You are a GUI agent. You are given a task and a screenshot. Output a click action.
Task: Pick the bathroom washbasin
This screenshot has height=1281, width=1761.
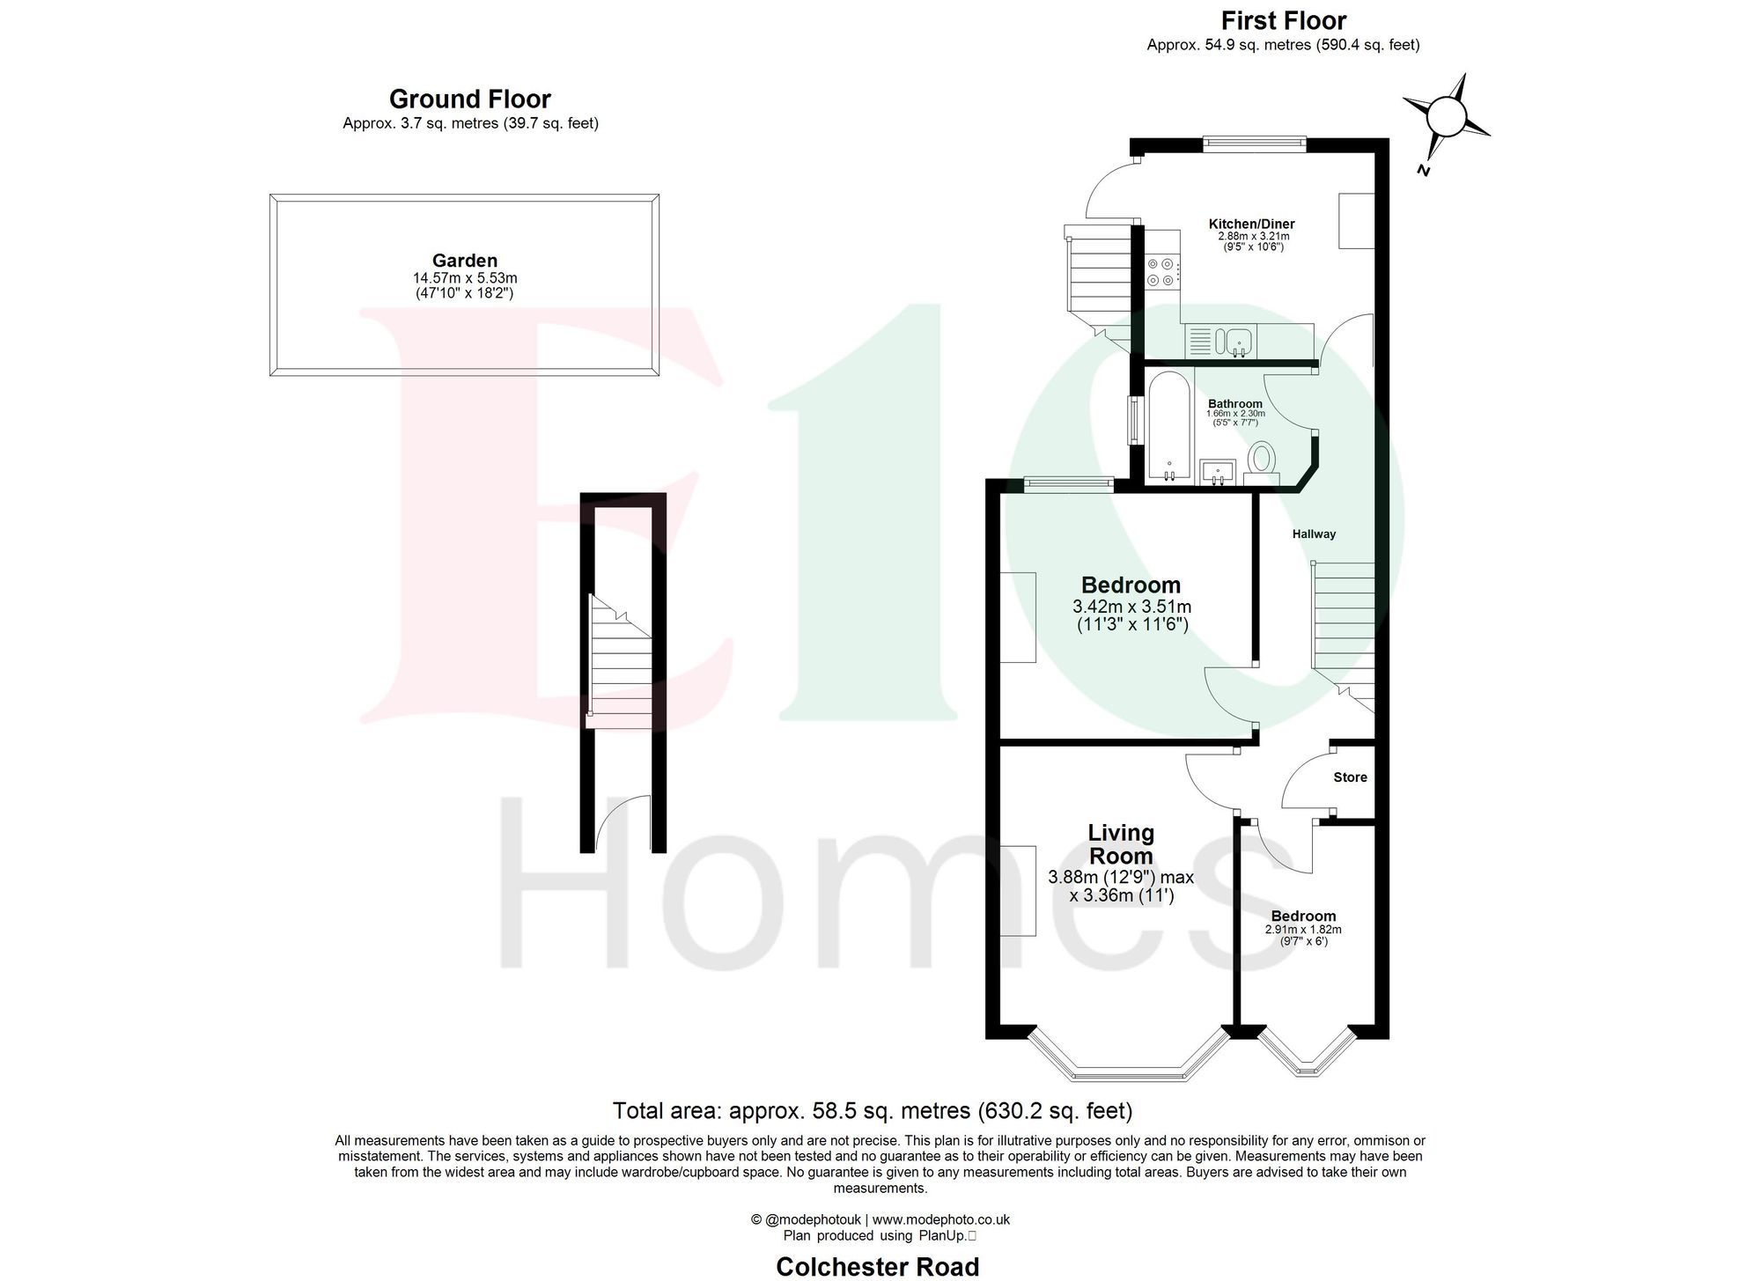[x=1219, y=471]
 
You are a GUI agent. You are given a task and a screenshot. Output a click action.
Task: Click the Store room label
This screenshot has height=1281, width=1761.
[x=1350, y=777]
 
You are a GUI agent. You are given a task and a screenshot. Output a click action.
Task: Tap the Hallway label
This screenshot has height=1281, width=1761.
[x=1314, y=534]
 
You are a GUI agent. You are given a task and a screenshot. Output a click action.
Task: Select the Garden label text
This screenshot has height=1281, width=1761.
[x=465, y=261]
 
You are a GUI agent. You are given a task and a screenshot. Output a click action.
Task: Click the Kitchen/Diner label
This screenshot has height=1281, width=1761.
[x=1251, y=224]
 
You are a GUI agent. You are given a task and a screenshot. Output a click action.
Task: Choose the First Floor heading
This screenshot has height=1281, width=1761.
[x=1284, y=20]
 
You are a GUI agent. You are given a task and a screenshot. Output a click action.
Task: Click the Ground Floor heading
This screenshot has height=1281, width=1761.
[x=470, y=99]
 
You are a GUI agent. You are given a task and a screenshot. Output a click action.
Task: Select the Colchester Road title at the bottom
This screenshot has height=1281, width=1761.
[x=877, y=1266]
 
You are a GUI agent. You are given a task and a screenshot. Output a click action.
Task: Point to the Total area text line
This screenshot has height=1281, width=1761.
[x=872, y=1109]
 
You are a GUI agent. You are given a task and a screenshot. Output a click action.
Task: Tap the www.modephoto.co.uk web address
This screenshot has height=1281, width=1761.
[x=940, y=1219]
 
